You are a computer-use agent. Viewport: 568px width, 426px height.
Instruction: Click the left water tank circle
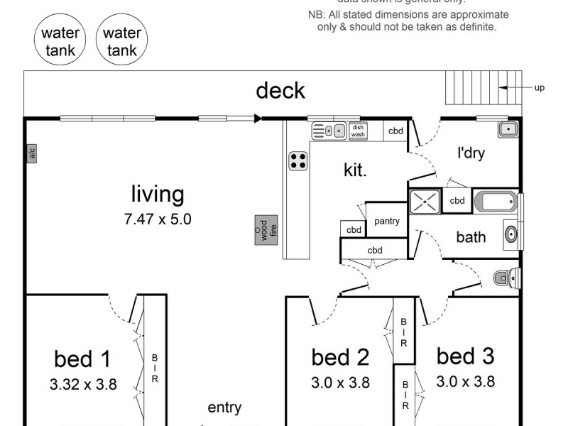[60, 41]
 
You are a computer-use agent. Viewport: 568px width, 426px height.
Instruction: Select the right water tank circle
[121, 41]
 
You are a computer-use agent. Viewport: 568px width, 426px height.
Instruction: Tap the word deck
[280, 91]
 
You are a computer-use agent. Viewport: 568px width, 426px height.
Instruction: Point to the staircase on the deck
[471, 88]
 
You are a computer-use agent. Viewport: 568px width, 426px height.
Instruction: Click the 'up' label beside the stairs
[539, 88]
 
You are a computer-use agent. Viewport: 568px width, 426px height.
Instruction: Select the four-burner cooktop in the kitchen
[298, 161]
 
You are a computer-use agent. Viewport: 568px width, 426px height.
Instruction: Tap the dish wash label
[358, 131]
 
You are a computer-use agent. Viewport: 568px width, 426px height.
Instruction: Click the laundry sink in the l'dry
[507, 129]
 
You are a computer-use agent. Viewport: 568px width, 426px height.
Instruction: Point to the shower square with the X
[425, 201]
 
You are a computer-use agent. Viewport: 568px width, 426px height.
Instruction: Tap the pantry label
[387, 221]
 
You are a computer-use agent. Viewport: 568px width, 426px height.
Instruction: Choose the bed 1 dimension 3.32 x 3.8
[83, 385]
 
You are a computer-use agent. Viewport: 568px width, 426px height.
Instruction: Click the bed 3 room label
[465, 355]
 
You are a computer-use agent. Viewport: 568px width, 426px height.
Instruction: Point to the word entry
[224, 408]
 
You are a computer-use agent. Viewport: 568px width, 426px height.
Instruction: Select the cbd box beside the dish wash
[395, 131]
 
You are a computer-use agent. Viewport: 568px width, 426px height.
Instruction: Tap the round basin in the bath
[510, 233]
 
